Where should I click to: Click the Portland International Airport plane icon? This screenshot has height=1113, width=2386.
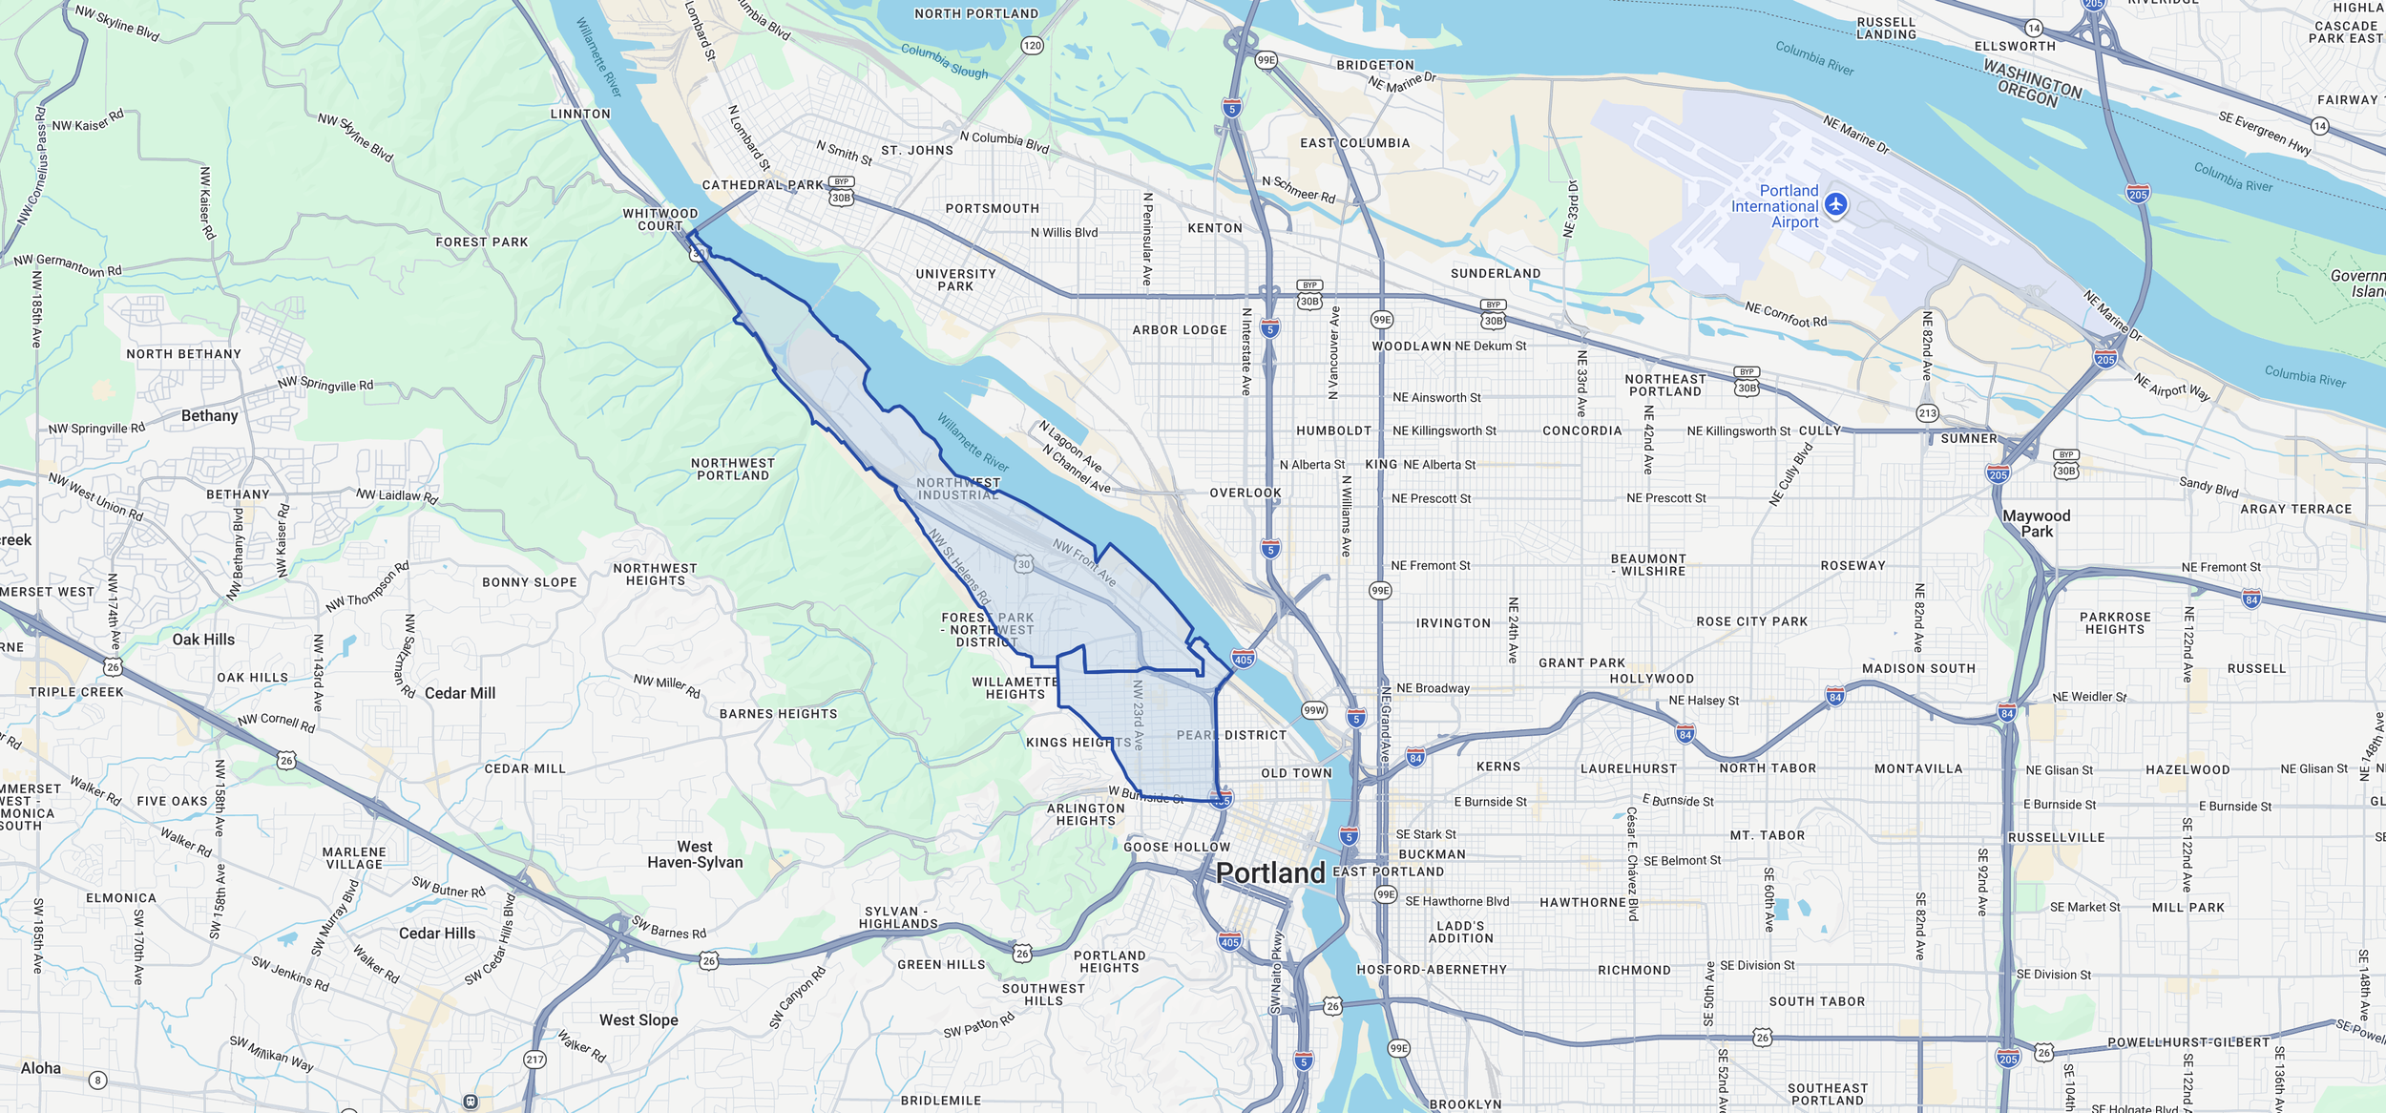1835,204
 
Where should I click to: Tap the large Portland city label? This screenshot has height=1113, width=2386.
1270,872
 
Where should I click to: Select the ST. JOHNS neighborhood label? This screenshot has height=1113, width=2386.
916,151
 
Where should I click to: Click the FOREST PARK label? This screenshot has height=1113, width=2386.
481,242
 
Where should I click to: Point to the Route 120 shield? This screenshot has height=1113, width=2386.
1032,46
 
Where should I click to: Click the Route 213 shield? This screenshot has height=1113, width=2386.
1927,413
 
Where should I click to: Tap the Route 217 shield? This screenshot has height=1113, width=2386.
534,1060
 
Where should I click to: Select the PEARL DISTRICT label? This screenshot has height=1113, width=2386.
1231,735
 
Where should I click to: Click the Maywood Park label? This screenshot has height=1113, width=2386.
2036,523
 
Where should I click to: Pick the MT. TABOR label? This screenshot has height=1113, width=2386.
1768,835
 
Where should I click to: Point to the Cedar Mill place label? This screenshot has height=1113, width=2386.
460,693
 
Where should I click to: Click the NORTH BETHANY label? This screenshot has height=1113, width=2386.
183,354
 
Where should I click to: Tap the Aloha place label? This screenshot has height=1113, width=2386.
41,1068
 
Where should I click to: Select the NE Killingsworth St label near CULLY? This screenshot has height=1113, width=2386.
1738,431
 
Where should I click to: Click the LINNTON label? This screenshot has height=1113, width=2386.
580,114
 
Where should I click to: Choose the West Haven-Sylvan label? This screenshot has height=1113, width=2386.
695,854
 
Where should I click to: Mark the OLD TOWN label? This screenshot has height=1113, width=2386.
1296,773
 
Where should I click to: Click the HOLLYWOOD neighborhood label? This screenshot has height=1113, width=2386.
1652,679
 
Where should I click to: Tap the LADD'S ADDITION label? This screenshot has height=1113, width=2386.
1460,932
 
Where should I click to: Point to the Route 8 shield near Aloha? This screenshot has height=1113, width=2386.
97,1081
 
